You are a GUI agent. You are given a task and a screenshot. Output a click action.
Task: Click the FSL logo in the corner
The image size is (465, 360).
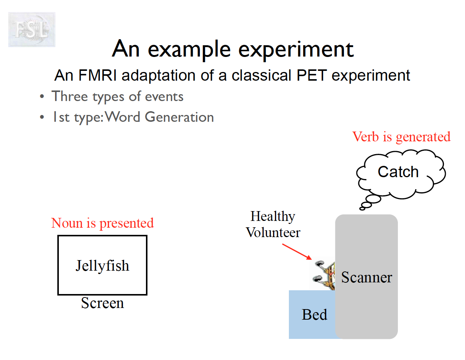[32, 29]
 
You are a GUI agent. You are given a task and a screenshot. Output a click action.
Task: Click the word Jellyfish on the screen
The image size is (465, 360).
[102, 266]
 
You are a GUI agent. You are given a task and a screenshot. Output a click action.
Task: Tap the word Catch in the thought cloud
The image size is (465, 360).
[398, 172]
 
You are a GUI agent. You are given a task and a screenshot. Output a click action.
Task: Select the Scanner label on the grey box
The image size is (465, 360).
[367, 277]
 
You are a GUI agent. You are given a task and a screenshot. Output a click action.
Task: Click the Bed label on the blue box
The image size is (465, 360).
[314, 315]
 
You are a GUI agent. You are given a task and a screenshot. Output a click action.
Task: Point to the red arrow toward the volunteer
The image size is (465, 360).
[297, 251]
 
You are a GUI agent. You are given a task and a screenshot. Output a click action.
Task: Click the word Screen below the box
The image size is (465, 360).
[102, 303]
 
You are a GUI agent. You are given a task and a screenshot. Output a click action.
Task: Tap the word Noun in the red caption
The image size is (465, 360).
[67, 223]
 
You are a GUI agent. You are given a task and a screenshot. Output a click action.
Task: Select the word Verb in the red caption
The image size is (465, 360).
[365, 136]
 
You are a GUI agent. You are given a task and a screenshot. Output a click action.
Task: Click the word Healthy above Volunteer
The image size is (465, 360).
[273, 216]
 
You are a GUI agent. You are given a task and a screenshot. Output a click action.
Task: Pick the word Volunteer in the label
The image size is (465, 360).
[273, 233]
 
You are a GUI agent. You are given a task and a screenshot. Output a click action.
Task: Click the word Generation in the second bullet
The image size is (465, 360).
[179, 117]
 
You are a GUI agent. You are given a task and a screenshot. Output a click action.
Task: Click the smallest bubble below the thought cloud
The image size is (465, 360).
[362, 208]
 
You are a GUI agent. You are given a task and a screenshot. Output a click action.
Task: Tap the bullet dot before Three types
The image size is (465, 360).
[42, 97]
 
